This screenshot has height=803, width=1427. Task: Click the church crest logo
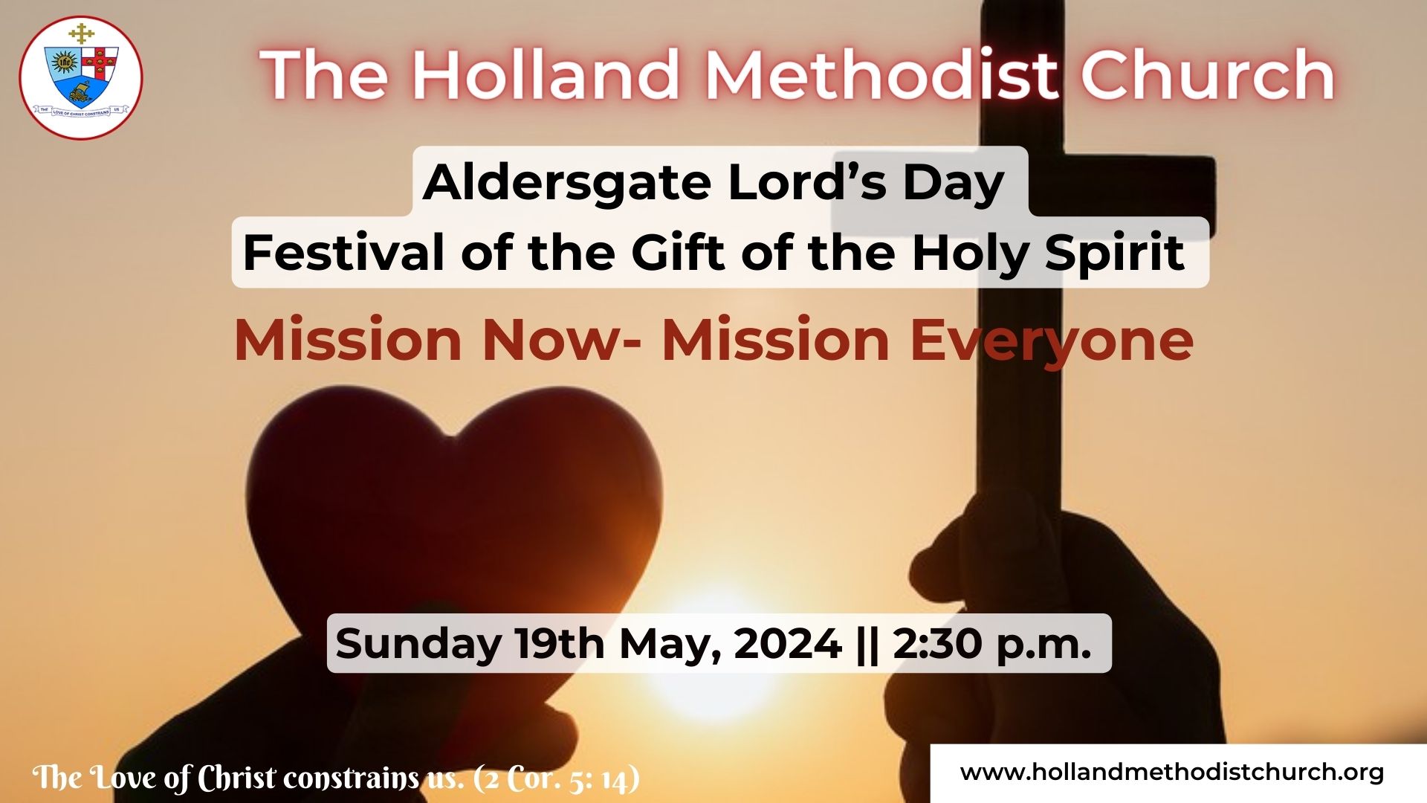(x=81, y=78)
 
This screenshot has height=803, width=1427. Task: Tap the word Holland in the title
(x=546, y=74)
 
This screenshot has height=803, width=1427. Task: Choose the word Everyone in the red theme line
(x=1052, y=341)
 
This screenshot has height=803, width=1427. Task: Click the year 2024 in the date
(x=788, y=643)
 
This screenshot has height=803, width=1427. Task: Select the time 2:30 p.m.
(x=992, y=645)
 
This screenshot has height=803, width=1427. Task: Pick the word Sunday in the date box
(x=418, y=644)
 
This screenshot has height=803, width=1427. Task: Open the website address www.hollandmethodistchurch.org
(x=1172, y=773)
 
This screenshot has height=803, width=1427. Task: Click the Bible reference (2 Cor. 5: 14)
(x=556, y=778)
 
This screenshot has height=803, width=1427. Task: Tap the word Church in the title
(x=1208, y=74)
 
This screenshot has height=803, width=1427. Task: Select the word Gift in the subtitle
(x=677, y=253)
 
